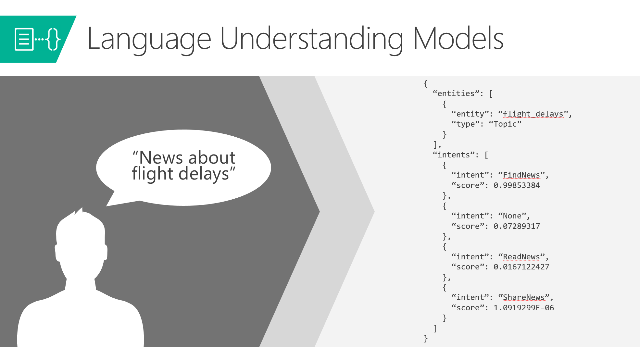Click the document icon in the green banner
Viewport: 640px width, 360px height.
[24, 39]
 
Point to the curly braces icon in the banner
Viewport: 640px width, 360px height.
[53, 39]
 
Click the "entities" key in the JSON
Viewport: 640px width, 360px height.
[456, 93]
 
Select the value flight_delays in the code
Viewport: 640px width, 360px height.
[533, 114]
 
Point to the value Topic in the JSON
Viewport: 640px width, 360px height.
[505, 124]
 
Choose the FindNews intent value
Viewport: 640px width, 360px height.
[521, 175]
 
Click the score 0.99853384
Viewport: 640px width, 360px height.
[517, 185]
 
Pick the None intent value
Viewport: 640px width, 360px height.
[512, 216]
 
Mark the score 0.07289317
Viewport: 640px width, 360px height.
[517, 226]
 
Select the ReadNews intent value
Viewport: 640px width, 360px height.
[521, 257]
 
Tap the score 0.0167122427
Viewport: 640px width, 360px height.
[521, 267]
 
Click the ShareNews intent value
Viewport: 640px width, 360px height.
[523, 297]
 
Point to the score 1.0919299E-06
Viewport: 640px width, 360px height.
[524, 308]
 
